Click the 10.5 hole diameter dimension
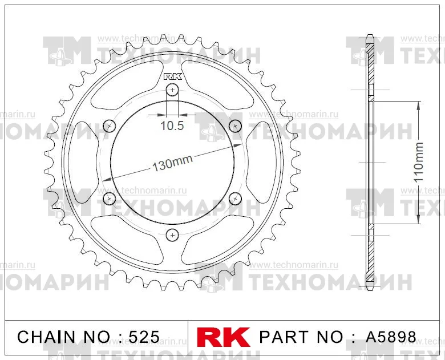[172, 125]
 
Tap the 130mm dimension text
[172, 163]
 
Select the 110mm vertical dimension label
[418, 162]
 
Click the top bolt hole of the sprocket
[172, 90]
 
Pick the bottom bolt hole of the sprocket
[172, 235]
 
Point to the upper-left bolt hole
[110, 126]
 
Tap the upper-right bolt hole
[235, 126]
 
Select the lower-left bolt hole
[110, 199]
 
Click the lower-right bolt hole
[235, 199]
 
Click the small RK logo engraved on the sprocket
[172, 76]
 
